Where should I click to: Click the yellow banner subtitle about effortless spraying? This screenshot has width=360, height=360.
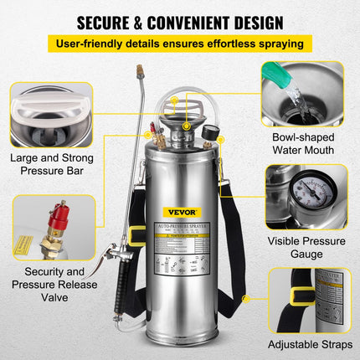pyautogui.click(x=179, y=43)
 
